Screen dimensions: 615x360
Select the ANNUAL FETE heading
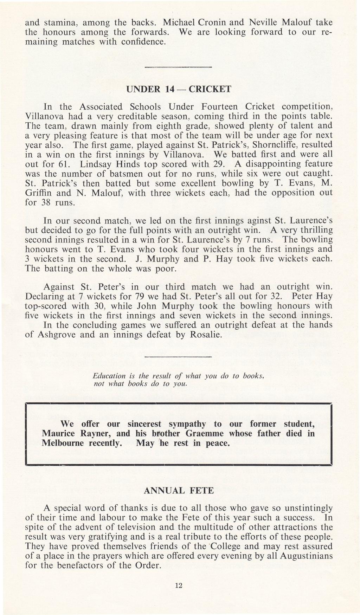[179, 490]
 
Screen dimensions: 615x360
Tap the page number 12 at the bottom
[179, 585]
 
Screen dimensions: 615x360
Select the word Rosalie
[206, 334]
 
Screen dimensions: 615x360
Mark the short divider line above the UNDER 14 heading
[179, 67]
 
